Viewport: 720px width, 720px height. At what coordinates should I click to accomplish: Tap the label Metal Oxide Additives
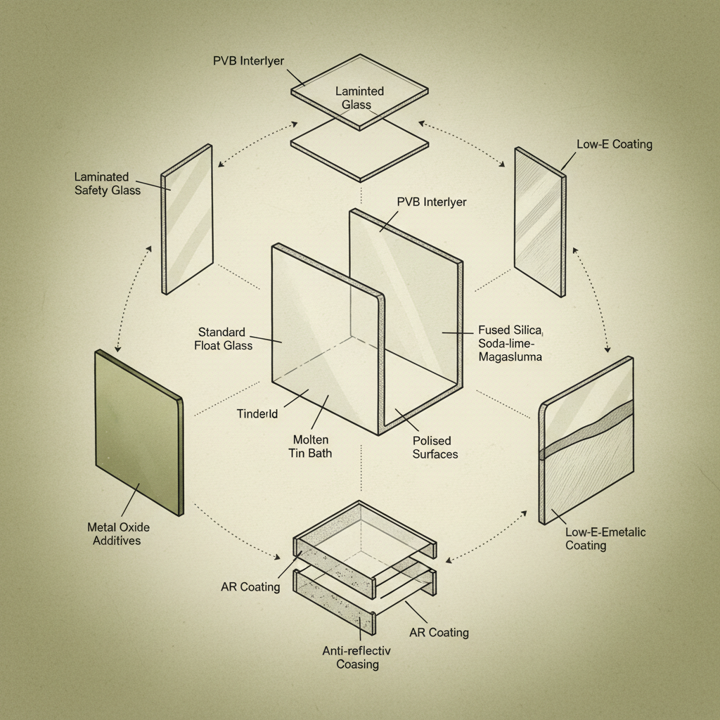(x=118, y=534)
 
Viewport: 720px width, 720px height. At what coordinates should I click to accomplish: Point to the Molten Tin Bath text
(x=310, y=446)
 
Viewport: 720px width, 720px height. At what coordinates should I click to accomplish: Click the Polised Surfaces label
(x=435, y=446)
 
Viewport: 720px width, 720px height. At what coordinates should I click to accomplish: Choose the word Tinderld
(x=257, y=414)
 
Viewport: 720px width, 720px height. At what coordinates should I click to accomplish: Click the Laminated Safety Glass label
(x=108, y=184)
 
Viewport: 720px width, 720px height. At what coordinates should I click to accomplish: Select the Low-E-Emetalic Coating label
(x=605, y=539)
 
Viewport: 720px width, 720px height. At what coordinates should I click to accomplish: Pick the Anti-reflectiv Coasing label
(x=357, y=657)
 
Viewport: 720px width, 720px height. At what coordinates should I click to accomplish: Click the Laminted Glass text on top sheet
(x=359, y=98)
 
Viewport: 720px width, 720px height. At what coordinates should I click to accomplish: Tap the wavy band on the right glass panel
(x=586, y=432)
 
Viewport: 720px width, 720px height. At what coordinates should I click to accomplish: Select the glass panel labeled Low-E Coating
(x=540, y=221)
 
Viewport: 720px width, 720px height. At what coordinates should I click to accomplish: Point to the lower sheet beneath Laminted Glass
(x=359, y=149)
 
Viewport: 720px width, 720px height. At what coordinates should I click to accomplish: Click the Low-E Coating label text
(x=614, y=144)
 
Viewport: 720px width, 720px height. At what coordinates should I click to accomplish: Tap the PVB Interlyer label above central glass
(x=431, y=202)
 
